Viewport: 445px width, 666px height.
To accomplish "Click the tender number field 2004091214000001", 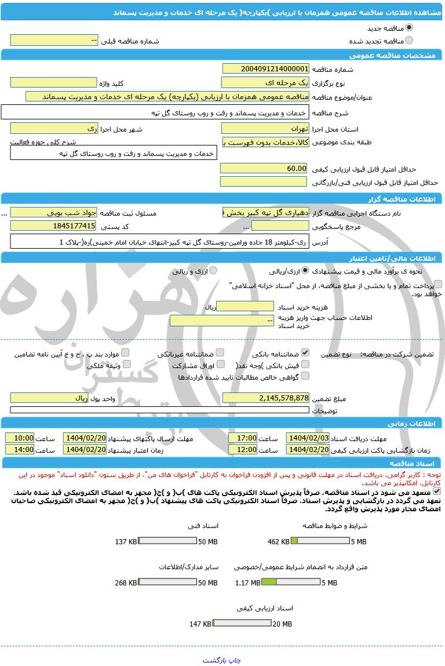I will (x=265, y=68).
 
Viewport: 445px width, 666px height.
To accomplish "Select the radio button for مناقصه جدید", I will (x=409, y=27).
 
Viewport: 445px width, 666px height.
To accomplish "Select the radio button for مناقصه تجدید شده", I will (x=409, y=41).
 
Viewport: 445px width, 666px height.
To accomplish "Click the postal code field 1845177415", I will (x=53, y=225).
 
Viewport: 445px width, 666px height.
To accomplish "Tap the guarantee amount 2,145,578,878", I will (x=265, y=398).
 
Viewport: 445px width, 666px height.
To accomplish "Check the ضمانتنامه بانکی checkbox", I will (x=305, y=352).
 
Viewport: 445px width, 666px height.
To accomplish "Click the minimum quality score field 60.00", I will (x=264, y=168).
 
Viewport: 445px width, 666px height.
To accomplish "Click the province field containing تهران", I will (x=265, y=128).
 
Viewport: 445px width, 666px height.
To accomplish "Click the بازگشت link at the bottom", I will (x=213, y=660).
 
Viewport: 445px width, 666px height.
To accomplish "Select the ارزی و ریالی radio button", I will (x=213, y=270).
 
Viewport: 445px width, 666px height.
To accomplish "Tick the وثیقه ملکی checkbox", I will (x=125, y=365).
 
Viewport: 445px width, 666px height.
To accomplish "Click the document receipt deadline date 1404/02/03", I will (x=308, y=438).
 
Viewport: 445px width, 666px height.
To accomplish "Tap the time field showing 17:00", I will (x=243, y=438).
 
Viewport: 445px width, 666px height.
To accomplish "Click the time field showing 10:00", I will (x=20, y=438).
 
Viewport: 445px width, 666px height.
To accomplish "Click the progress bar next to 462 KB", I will (x=320, y=541).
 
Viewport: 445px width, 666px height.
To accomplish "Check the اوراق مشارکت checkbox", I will (x=220, y=365).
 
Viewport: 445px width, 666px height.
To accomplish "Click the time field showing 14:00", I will (x=20, y=449).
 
